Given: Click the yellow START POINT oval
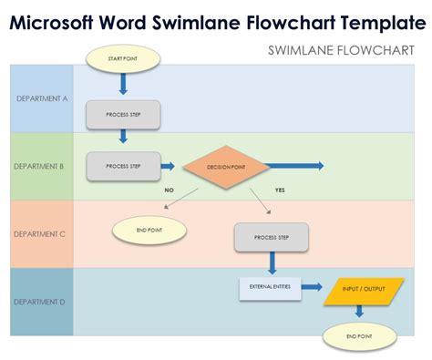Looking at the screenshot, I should click(x=123, y=60).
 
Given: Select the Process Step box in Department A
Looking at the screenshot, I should click(x=123, y=114).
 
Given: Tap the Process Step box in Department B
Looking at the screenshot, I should click(x=123, y=167).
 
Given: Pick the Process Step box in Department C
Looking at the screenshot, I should click(x=272, y=236).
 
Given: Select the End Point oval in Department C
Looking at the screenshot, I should click(x=149, y=231).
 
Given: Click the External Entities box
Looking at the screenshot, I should click(x=271, y=287).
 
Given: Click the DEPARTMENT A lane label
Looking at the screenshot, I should click(x=41, y=98).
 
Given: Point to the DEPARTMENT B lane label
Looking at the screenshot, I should click(x=41, y=166).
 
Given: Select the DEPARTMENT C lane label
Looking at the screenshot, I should click(x=41, y=233).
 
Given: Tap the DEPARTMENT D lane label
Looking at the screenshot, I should click(x=41, y=301).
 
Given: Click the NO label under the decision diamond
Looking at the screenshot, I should click(x=169, y=190).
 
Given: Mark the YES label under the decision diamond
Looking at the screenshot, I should click(x=280, y=190).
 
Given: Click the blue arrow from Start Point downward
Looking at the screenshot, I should click(x=123, y=84).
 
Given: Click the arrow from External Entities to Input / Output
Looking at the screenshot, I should click(x=312, y=288).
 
